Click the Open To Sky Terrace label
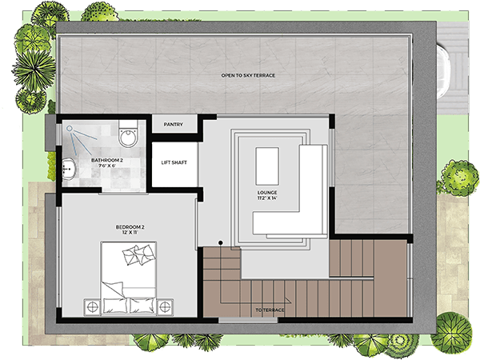point(248,75)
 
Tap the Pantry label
point(174,125)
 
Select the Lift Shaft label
point(174,162)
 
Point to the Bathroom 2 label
point(107,161)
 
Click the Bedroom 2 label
point(130,227)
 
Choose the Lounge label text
point(267,193)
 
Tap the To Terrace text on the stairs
point(270,310)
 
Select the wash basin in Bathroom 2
point(69,169)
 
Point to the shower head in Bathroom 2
point(70,129)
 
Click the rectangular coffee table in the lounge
point(267,166)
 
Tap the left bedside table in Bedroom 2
point(92,307)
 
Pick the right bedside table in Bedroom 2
point(165,307)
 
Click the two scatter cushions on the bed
point(138,254)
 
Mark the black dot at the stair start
point(221,242)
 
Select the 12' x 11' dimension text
point(130,233)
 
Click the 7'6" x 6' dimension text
point(107,166)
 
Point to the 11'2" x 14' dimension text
point(267,198)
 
